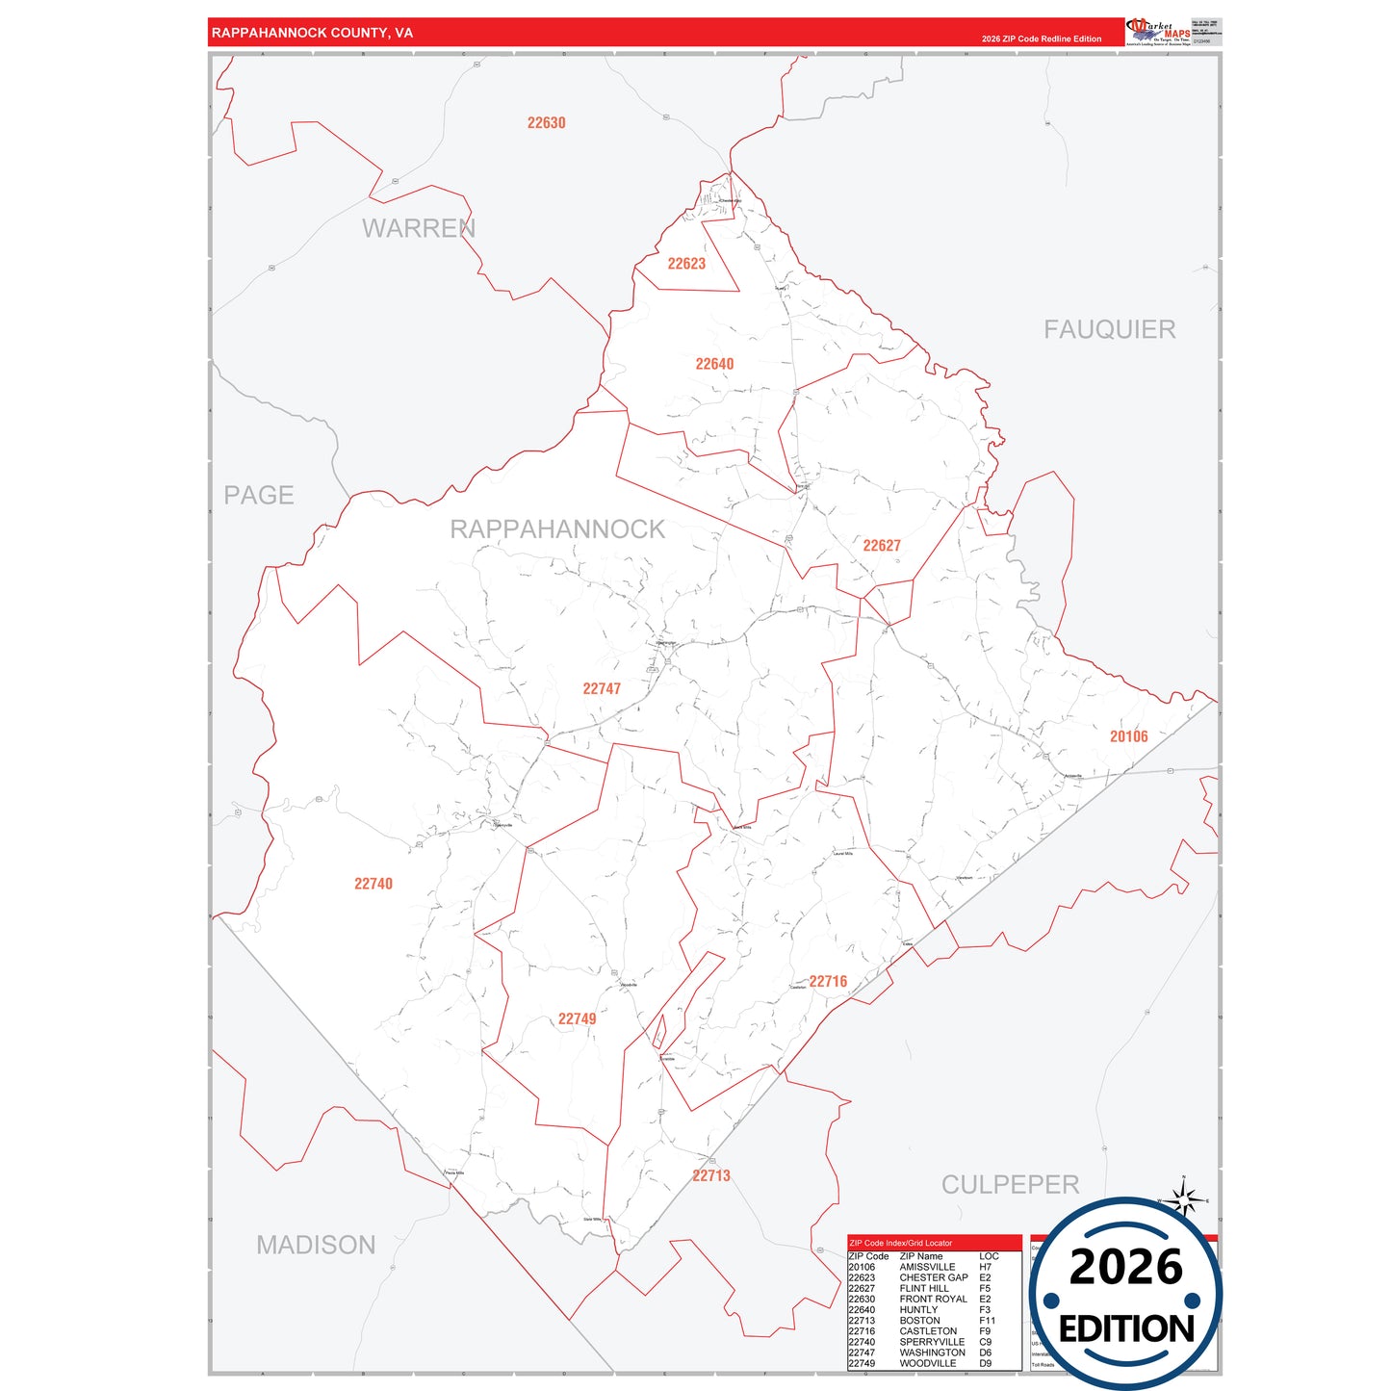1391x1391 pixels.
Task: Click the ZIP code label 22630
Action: coord(546,123)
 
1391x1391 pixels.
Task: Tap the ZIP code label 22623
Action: coord(686,264)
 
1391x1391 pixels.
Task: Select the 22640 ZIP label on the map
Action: coord(714,364)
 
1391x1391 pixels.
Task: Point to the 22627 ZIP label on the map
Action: coord(882,546)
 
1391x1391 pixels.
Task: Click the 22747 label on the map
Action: coord(602,689)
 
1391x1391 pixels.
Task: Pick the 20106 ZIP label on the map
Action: coord(1128,737)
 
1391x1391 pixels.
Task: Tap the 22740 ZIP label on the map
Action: coord(374,884)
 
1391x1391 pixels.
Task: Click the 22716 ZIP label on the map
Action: coord(828,982)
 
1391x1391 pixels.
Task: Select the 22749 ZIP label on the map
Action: coord(577,1019)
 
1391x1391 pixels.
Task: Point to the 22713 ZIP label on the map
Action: coord(711,1176)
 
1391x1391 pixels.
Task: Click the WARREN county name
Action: coord(419,229)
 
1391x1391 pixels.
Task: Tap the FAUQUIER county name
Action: coord(1110,330)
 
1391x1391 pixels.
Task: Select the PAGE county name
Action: coord(259,496)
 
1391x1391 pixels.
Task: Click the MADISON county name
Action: coord(316,1246)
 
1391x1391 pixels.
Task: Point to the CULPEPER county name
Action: coord(1010,1185)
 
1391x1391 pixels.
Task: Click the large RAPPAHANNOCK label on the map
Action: coord(557,529)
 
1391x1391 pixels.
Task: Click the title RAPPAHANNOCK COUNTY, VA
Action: coord(312,33)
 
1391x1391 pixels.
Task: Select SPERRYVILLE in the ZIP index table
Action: coord(932,1342)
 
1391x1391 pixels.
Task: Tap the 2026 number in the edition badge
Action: coord(1125,1268)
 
